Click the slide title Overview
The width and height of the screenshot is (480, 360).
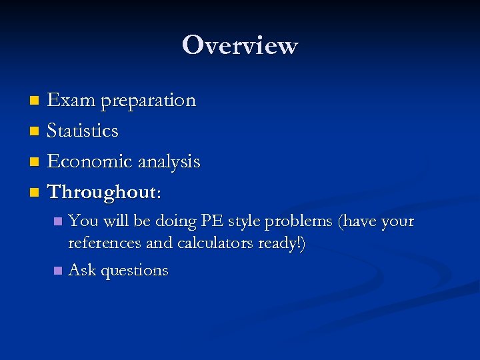(240, 45)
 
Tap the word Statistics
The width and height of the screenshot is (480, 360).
(83, 131)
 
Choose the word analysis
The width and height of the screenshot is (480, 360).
(169, 162)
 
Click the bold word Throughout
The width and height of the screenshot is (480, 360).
(102, 192)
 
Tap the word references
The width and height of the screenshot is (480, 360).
(105, 243)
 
